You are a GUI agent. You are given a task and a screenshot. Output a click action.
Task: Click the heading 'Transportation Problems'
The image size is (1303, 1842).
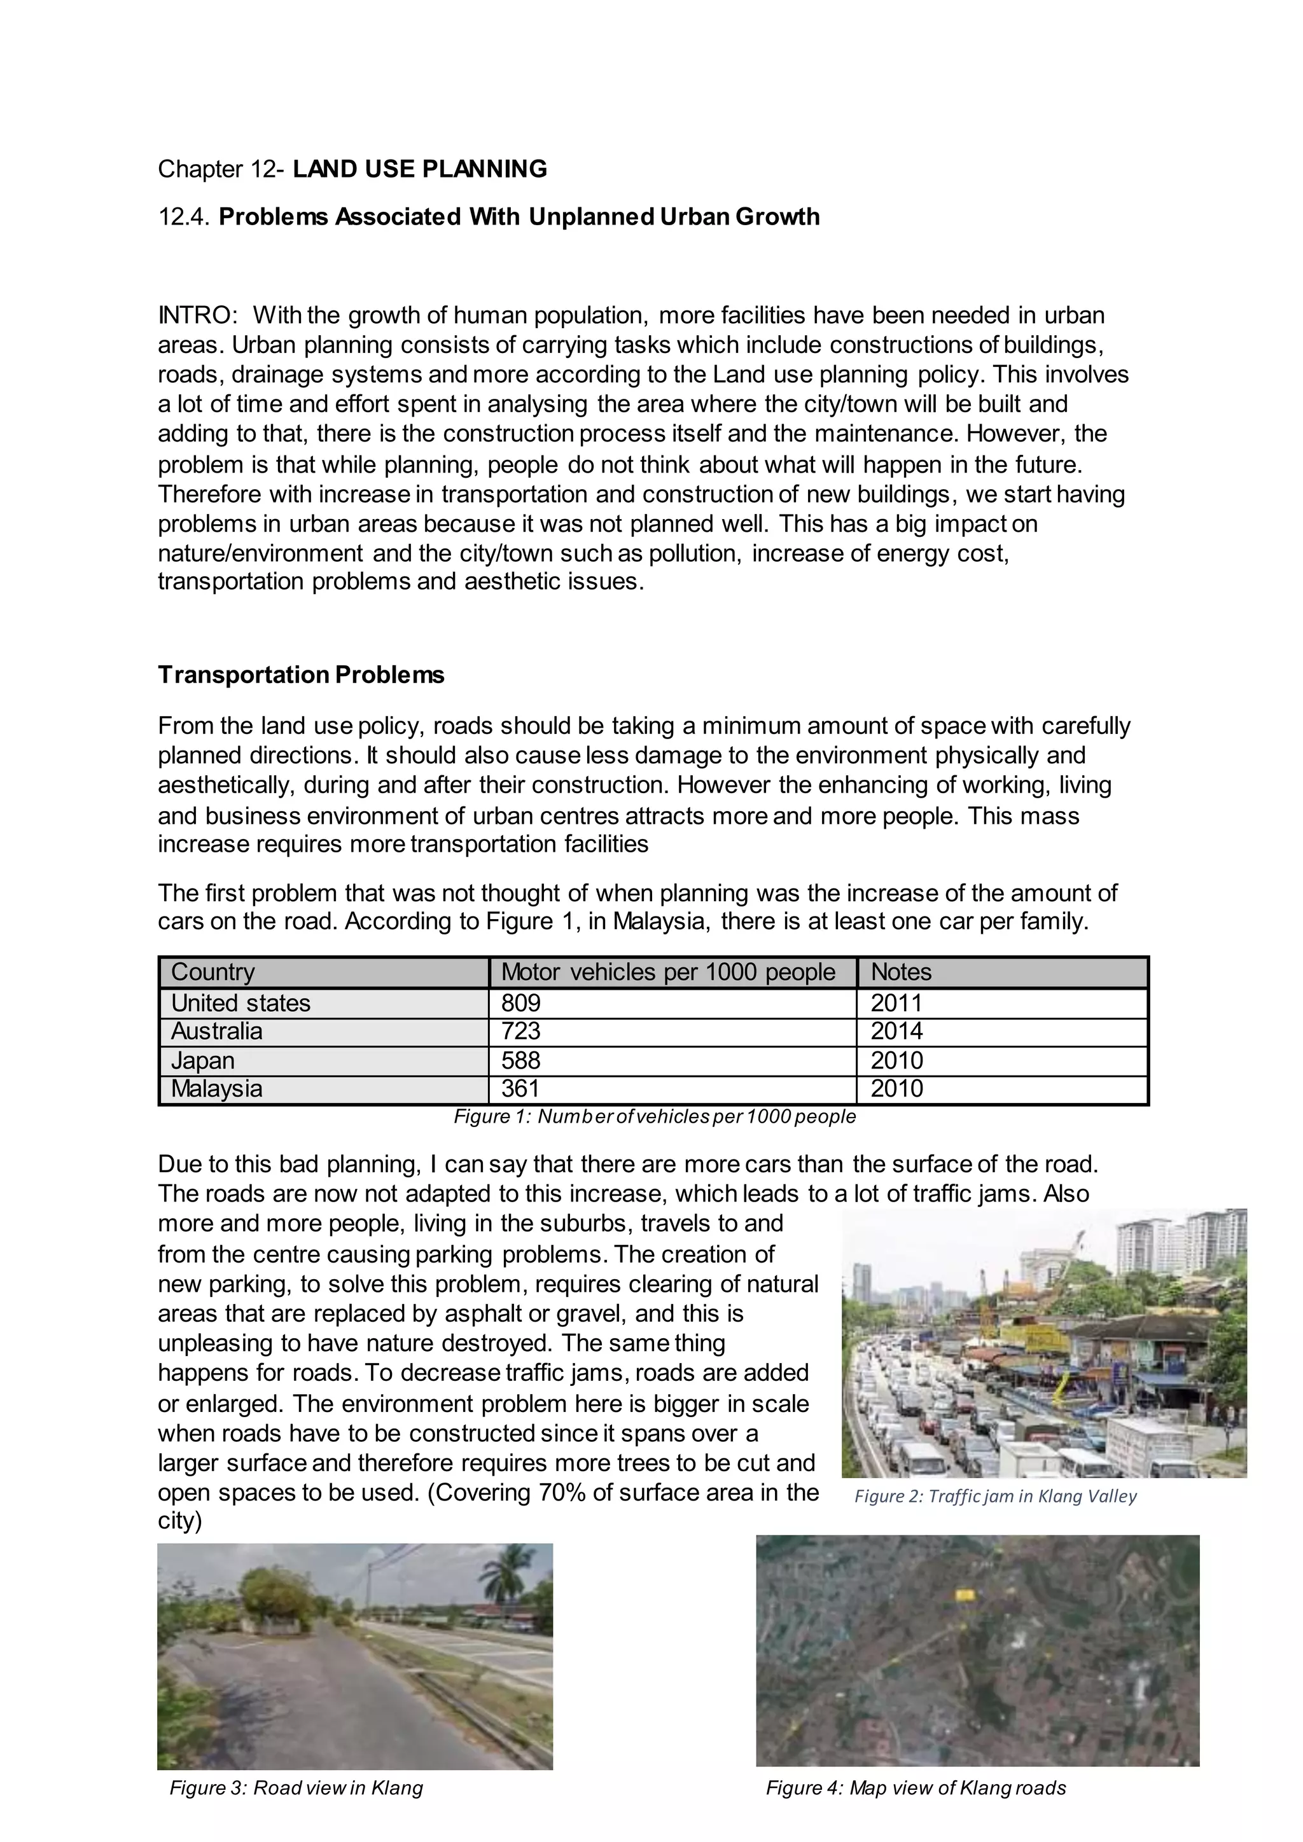coord(301,675)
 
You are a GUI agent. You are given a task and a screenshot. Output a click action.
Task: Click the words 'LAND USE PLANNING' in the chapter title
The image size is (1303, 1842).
coord(420,169)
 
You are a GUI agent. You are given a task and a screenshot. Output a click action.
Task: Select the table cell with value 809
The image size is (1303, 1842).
coord(522,1003)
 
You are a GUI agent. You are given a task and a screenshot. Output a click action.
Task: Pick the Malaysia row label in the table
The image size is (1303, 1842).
coord(216,1089)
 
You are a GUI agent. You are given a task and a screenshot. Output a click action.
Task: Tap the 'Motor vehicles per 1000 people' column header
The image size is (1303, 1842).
coord(667,973)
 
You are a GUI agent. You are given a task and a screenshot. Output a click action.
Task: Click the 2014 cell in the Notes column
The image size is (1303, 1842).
coord(897,1031)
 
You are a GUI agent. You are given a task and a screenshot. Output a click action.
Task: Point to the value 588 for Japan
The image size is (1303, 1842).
coord(522,1060)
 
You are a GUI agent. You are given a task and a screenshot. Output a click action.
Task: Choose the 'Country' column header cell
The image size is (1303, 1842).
coord(213,973)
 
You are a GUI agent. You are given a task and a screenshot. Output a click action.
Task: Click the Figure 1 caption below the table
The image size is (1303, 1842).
coord(655,1117)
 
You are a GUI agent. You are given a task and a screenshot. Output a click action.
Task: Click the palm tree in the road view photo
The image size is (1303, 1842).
coord(505,1577)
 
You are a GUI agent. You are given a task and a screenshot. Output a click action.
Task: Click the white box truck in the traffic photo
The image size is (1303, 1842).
coord(1139,1444)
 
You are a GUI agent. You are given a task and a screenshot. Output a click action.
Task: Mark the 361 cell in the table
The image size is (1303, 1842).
coord(522,1089)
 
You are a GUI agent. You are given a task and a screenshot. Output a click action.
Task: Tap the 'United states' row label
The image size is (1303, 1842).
coord(240,1003)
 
